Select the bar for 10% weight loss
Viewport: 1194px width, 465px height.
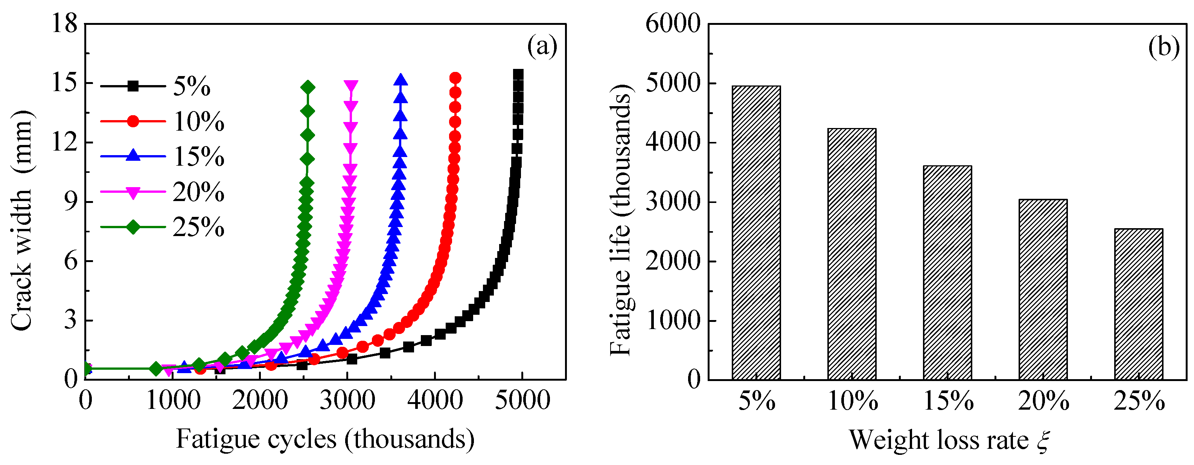click(851, 254)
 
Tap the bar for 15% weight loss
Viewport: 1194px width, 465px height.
click(947, 273)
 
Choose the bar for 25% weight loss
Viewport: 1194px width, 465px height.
click(1138, 304)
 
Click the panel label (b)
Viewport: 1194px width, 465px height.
click(1164, 47)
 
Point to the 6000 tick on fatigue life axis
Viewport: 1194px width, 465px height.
click(673, 23)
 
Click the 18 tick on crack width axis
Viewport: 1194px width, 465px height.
click(64, 23)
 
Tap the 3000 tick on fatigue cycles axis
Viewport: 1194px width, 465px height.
click(347, 400)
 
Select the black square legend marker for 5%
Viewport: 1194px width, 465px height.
click(133, 86)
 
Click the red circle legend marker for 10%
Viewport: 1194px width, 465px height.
click(133, 121)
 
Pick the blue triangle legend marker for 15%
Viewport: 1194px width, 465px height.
click(133, 155)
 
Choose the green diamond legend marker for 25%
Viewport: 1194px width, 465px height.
click(133, 227)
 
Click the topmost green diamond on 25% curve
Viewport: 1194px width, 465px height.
click(307, 87)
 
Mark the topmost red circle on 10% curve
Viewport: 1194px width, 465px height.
click(455, 78)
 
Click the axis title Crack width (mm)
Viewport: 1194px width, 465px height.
click(22, 220)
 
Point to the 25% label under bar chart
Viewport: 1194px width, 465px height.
click(1139, 401)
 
